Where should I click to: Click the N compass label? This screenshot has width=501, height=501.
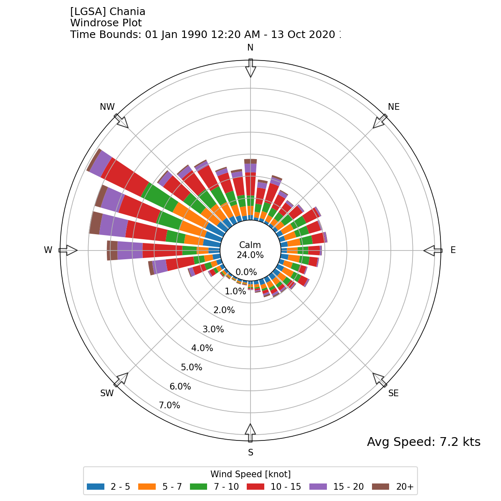tap(250, 48)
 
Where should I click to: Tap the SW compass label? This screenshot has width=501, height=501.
tap(107, 393)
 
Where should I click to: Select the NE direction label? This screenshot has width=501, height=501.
tap(394, 107)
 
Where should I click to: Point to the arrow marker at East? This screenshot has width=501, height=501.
tap(433, 250)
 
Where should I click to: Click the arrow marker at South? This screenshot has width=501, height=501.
tap(250, 433)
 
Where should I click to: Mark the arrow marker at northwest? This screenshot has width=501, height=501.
tap(121, 121)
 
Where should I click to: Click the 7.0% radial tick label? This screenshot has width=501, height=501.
tap(170, 405)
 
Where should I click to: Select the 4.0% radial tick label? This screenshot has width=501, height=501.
tap(202, 348)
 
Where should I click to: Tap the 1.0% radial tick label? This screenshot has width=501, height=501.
tap(235, 291)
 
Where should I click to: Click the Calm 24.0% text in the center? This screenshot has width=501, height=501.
tap(250, 250)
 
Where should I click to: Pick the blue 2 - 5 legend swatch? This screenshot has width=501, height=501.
tap(95, 486)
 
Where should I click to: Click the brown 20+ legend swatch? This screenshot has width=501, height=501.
tap(380, 486)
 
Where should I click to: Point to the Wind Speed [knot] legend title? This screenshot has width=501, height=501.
tap(250, 474)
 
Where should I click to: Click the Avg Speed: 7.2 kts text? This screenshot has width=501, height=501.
tap(423, 442)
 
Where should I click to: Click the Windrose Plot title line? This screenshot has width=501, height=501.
tap(106, 23)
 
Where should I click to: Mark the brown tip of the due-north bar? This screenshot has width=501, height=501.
tap(250, 161)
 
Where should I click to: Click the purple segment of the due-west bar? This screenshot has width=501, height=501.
tap(130, 250)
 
